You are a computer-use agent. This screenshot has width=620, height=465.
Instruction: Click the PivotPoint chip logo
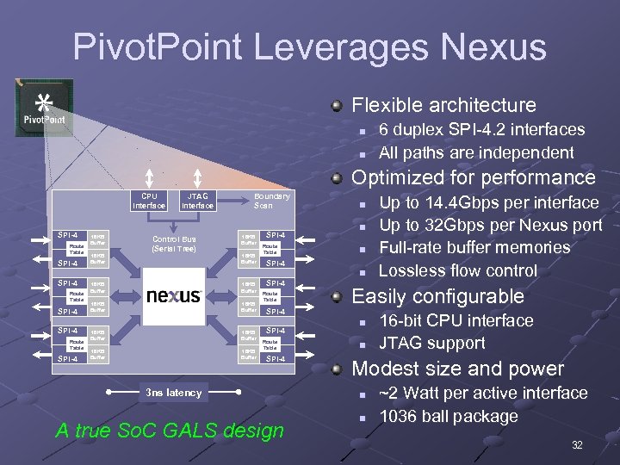coord(43,108)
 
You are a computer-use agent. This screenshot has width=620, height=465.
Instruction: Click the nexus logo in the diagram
coord(174,295)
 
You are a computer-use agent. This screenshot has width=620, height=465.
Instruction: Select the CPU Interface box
coord(148,201)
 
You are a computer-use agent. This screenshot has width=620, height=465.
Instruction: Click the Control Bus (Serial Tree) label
coord(174,244)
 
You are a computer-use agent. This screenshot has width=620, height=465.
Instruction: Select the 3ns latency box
coord(174,393)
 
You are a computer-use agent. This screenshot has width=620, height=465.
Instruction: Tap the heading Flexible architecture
coord(444,105)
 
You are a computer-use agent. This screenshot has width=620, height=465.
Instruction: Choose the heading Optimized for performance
coord(474,177)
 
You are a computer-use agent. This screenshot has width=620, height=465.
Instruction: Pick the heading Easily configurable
coord(438,296)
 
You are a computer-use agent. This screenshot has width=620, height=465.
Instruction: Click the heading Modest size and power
coord(458,369)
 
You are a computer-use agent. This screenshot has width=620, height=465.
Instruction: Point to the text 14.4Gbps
coord(466,202)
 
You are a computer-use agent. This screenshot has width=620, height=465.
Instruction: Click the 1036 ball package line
coord(449,416)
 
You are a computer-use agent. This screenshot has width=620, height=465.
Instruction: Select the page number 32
coord(578,445)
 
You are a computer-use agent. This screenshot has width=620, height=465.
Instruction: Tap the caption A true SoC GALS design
coord(170,431)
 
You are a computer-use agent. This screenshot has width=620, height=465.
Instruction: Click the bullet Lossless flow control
coord(458,270)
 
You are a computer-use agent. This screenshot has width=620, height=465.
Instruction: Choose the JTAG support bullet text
coord(432,343)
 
